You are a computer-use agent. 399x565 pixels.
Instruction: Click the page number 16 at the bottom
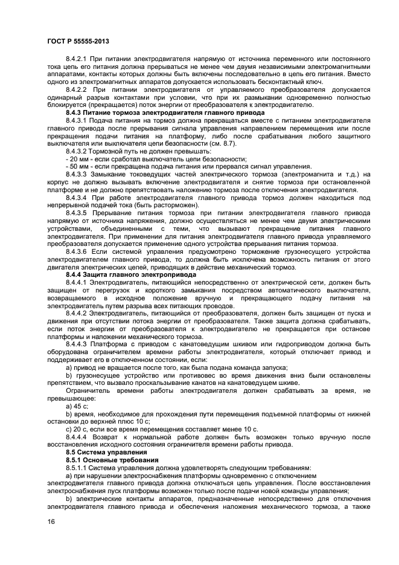point(51,522)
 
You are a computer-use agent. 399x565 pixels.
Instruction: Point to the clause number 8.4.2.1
point(77,58)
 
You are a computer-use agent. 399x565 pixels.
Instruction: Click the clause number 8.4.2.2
point(77,89)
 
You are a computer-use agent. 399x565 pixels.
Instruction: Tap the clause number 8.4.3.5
point(77,213)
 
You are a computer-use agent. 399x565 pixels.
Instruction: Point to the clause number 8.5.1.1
point(77,468)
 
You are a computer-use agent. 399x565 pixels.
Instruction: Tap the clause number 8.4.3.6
point(77,251)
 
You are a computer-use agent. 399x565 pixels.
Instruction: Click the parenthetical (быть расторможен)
point(166,205)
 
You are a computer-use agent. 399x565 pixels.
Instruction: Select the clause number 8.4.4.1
point(77,282)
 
